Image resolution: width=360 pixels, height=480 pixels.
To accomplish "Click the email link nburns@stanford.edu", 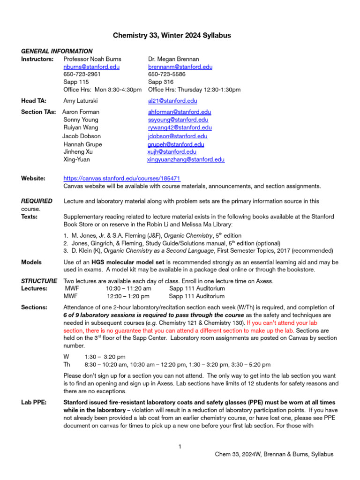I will tap(91, 67).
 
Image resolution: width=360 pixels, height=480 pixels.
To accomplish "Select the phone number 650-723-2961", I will tap(82, 75).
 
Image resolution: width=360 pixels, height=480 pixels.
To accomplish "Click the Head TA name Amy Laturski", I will tap(82, 101).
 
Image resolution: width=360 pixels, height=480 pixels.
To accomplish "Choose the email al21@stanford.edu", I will tap(172, 101).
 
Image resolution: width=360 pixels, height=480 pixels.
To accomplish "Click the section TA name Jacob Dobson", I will tap(82, 136).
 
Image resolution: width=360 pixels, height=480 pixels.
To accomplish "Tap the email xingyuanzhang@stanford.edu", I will tap(186, 159).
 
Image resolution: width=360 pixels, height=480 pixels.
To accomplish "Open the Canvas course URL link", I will tap(122, 179).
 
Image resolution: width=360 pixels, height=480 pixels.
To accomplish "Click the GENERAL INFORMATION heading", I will tap(57, 51).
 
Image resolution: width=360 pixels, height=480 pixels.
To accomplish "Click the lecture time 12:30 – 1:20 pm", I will tap(128, 296).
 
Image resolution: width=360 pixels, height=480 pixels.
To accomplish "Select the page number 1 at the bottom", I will tap(180, 446).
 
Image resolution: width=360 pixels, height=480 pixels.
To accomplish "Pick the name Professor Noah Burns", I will tap(92, 59).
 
